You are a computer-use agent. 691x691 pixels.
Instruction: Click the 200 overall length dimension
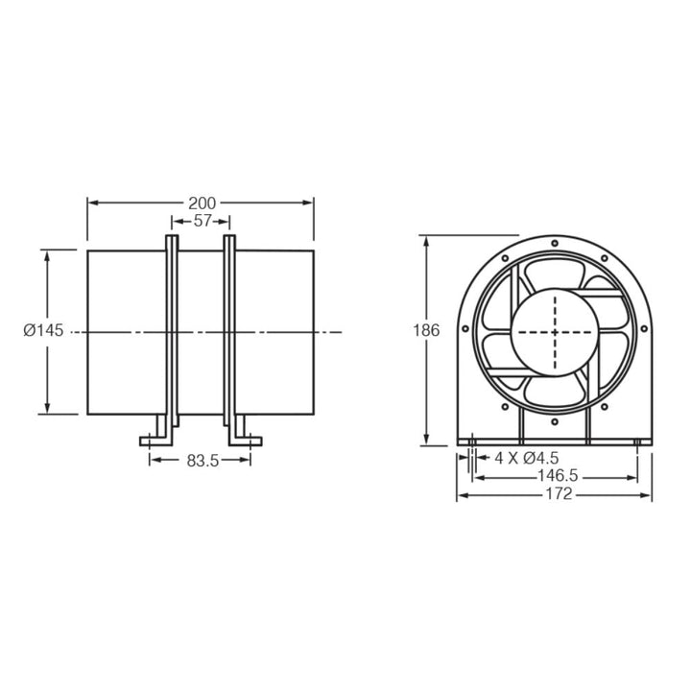(x=202, y=203)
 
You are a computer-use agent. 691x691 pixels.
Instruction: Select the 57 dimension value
(x=202, y=221)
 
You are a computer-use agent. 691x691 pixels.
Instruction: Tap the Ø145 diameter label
(x=43, y=330)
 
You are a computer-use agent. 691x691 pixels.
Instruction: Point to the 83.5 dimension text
(x=203, y=461)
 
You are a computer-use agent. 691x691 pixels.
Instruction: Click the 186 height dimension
(x=426, y=330)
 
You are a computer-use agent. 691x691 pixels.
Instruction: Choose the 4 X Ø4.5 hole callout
(x=526, y=458)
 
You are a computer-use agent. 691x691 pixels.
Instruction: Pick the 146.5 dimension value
(x=556, y=476)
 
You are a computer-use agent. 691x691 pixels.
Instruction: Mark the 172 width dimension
(x=558, y=494)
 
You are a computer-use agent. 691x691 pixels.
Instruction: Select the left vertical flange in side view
(x=172, y=331)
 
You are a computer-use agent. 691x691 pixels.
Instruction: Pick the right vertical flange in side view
(x=229, y=331)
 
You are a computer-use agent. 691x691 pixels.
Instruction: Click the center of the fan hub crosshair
(x=556, y=331)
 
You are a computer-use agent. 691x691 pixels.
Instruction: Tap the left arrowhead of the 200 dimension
(x=92, y=203)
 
